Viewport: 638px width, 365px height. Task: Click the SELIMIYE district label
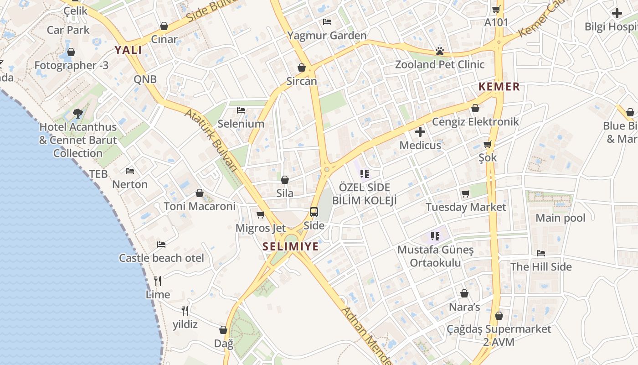point(290,247)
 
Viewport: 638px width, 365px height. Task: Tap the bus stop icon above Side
point(314,212)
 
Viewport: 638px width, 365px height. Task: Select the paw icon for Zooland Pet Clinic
point(440,51)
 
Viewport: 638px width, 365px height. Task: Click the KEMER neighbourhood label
point(499,87)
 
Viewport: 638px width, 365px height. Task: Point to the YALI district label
point(128,50)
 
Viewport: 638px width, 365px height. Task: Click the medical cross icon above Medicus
point(420,132)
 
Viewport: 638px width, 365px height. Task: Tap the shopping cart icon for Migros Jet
point(261,214)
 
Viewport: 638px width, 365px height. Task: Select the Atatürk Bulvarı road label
point(211,140)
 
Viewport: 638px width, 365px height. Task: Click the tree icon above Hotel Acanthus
point(78,113)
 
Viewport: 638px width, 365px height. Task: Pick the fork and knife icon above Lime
point(158,281)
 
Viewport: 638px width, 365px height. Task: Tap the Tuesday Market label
point(466,207)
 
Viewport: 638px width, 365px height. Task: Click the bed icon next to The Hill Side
point(541,253)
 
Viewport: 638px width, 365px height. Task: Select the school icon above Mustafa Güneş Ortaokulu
point(435,236)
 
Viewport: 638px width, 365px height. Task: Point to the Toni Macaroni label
point(200,206)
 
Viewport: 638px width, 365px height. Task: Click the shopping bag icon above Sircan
point(302,68)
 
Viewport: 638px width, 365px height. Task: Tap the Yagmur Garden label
point(327,36)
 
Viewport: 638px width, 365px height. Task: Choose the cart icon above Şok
point(488,145)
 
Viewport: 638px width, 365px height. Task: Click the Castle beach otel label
point(161,258)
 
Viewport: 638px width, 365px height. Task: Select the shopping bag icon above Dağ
point(223,329)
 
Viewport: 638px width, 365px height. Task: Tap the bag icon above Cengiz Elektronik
point(475,108)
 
